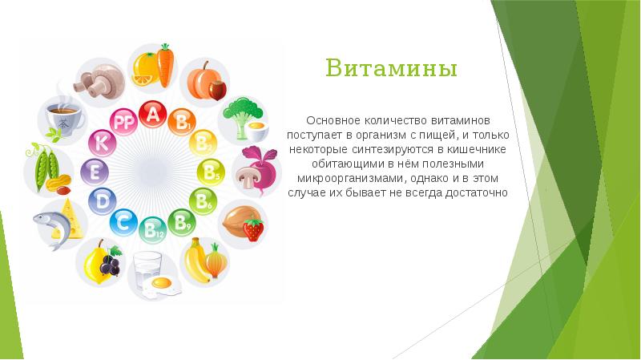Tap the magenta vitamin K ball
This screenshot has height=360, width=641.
click(102, 144)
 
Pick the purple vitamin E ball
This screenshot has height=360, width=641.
click(95, 171)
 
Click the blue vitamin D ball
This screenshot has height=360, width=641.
click(101, 199)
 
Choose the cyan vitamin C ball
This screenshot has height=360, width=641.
click(123, 220)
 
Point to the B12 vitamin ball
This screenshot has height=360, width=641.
click(152, 230)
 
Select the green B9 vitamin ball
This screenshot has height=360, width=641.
click(181, 220)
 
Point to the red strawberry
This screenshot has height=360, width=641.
click(253, 229)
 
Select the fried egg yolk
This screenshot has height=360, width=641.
click(162, 282)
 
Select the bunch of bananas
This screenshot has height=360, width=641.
click(196, 260)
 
